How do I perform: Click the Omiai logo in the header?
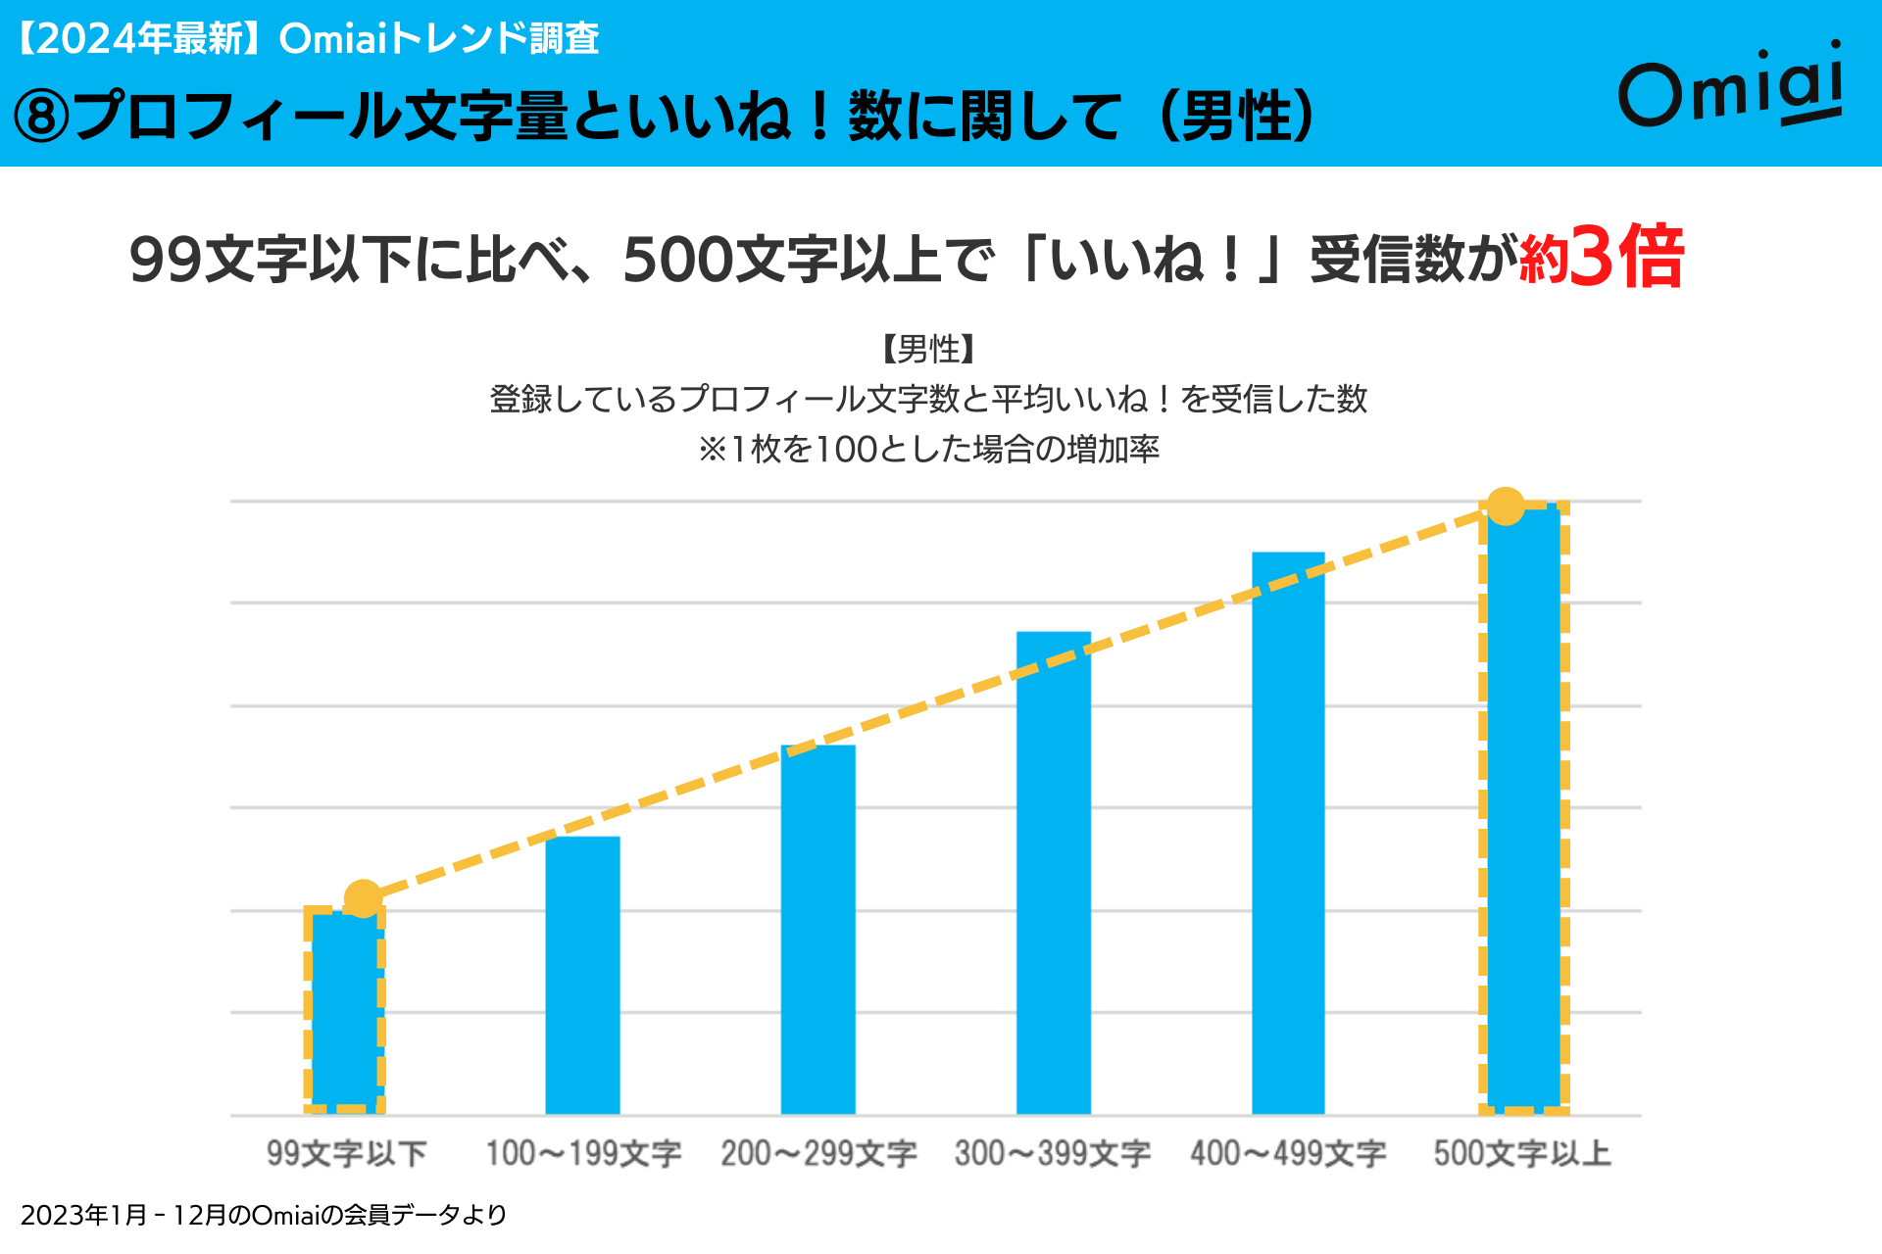coord(1731,86)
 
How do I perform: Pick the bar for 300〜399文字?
coord(1053,872)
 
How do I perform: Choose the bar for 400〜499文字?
coord(1288,833)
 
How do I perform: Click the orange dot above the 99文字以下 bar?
coord(363,897)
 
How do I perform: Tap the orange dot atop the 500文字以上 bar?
coord(1506,506)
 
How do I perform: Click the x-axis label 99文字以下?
coord(346,1153)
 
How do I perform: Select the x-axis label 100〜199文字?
coord(583,1153)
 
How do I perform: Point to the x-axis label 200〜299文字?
coord(818,1153)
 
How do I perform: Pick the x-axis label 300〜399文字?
coord(1053,1153)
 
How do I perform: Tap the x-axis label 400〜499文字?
coord(1288,1153)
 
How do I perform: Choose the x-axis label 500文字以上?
coord(1522,1153)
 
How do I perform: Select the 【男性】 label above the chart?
coord(927,348)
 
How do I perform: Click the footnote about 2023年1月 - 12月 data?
coord(263,1215)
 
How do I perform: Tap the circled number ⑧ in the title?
coord(41,117)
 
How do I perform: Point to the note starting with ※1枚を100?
coord(928,449)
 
